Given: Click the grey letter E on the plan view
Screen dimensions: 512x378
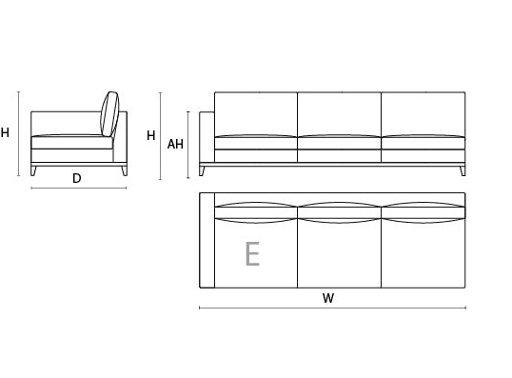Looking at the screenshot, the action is tap(252, 253).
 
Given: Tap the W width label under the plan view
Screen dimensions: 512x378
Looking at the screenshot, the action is tap(328, 298).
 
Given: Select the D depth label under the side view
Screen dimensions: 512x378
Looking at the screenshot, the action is tap(77, 178).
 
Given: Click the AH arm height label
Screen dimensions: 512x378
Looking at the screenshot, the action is tap(175, 144).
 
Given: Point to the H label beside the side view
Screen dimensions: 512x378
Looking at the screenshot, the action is tap(5, 132).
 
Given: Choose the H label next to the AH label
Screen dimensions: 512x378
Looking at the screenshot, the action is tap(151, 135).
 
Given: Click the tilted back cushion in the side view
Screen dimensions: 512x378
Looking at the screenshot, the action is tap(109, 114).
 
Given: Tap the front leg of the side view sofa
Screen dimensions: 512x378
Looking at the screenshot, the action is tap(33, 170).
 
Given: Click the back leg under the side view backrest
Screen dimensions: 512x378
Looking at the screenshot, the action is tap(124, 170).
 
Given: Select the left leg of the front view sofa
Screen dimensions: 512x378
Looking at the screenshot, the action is tap(202, 170).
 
